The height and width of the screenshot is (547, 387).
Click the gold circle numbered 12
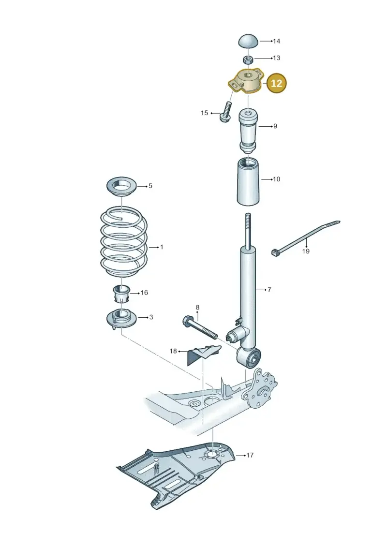click(276, 83)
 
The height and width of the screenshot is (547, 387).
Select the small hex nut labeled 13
click(247, 59)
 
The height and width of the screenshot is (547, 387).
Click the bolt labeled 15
click(225, 111)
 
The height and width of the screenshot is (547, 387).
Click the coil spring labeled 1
click(124, 241)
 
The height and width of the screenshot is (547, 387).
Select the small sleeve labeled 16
click(122, 294)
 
